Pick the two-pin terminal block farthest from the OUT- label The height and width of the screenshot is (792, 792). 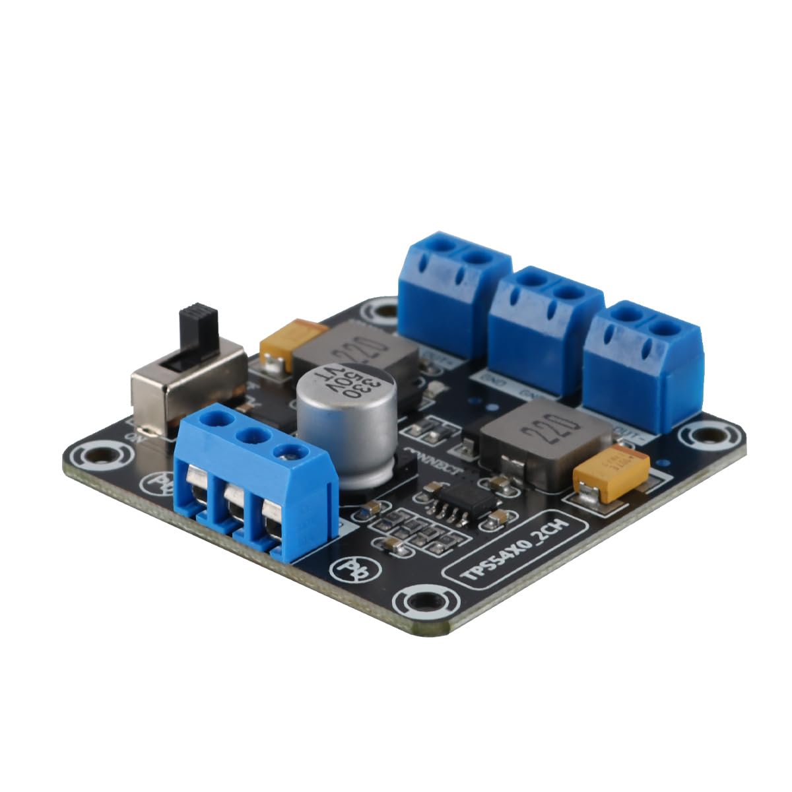pyautogui.click(x=455, y=290)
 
